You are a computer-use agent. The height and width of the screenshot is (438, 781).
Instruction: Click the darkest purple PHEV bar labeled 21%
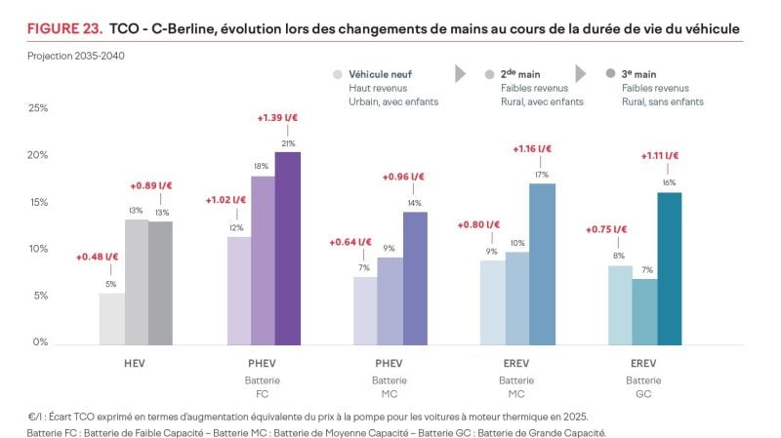click(x=288, y=248)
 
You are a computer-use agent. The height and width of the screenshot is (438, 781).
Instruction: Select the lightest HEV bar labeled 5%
click(x=111, y=318)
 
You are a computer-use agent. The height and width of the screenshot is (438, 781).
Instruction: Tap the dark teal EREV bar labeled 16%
click(x=670, y=268)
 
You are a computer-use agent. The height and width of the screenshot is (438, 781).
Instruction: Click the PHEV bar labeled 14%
click(x=415, y=278)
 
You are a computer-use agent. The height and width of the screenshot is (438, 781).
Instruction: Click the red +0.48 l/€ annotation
click(x=97, y=258)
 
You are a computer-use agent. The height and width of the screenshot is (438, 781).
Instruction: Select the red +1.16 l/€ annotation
click(x=532, y=149)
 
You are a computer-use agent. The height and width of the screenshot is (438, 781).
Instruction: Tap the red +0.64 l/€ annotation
click(x=350, y=242)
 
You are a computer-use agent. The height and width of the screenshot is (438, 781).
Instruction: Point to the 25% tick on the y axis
click(x=37, y=108)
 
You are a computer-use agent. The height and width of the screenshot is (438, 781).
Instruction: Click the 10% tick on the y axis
click(x=37, y=249)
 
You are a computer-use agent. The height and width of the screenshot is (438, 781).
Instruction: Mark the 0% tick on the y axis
click(x=39, y=342)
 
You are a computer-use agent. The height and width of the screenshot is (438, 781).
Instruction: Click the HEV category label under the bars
click(x=137, y=363)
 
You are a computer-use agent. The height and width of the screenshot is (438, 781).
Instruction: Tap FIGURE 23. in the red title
click(x=62, y=30)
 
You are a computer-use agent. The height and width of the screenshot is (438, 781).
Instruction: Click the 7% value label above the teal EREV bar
click(x=645, y=270)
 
